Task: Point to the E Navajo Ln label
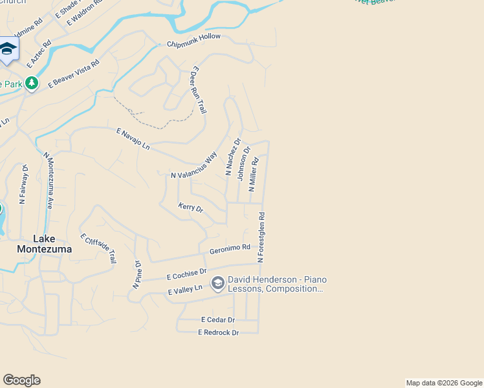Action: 133,139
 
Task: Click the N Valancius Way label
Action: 193,166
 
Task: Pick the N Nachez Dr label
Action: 233,156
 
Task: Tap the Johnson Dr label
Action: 243,164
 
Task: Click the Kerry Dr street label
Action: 191,208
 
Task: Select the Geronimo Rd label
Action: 230,249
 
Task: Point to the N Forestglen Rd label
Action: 261,237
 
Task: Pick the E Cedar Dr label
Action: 217,319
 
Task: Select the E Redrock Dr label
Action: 218,332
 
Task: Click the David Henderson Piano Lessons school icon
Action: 218,283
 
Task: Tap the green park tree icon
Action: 32,83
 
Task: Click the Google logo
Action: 21,380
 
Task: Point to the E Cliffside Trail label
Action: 98,248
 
